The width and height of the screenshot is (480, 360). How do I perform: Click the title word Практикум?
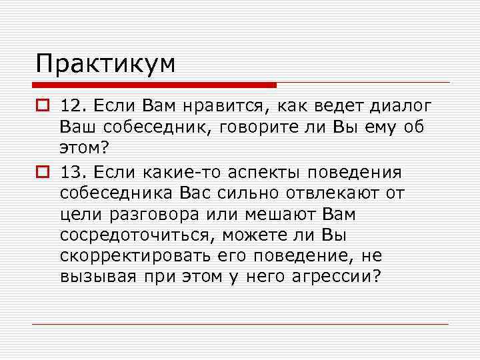coord(106,64)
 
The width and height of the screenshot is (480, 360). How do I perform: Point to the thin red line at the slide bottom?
coord(240,324)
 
